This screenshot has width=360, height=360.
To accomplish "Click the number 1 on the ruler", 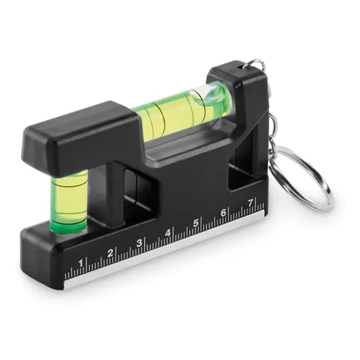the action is [x=81, y=263].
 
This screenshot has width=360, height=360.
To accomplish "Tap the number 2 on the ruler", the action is [x=111, y=253].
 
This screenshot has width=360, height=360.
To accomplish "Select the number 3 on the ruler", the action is [x=140, y=243].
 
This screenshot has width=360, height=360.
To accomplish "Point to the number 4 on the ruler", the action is [x=168, y=233].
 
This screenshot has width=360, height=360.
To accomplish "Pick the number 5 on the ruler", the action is [x=195, y=223].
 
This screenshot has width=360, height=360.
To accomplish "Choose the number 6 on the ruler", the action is [x=223, y=213].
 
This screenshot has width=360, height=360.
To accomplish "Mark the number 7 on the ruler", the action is [x=250, y=203].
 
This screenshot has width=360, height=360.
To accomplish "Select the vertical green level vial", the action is [x=69, y=202].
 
